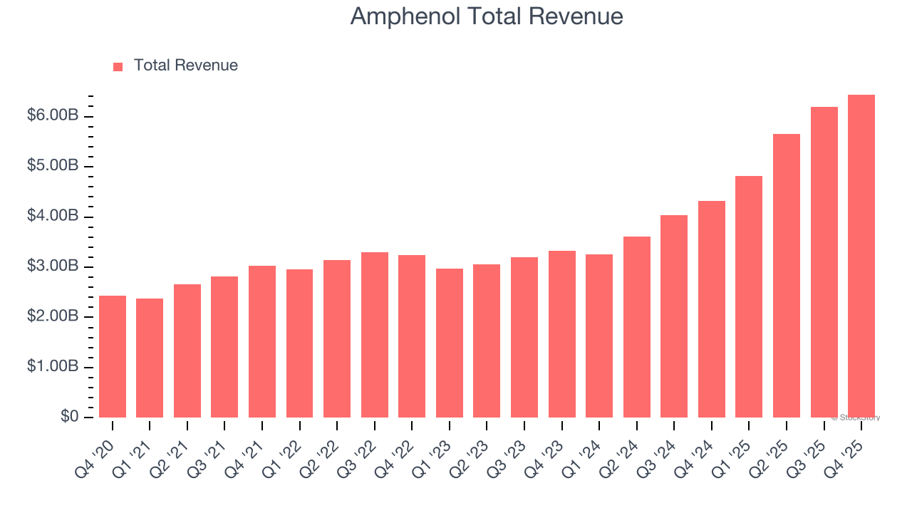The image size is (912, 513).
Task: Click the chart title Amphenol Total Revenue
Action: tap(487, 16)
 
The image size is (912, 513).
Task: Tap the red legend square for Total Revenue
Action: tap(118, 66)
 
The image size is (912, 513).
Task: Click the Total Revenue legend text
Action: tap(185, 66)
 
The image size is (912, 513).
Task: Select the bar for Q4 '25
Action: tap(861, 256)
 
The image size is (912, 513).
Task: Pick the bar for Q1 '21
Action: tap(150, 358)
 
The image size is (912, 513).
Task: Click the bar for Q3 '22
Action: tap(375, 335)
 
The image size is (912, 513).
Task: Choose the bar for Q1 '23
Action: tap(450, 343)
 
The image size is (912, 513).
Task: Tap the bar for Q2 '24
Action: tap(636, 327)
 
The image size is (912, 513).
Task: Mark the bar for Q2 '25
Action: tap(786, 276)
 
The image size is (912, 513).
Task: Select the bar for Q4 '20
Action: tap(113, 356)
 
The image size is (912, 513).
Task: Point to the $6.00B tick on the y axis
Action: tap(53, 116)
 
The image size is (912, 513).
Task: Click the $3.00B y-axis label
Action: tap(53, 266)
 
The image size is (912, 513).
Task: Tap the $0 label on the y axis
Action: tap(69, 417)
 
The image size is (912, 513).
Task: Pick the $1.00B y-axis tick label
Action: tap(53, 367)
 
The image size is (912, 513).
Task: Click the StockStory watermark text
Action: tap(856, 418)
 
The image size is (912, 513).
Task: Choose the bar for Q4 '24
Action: tap(711, 309)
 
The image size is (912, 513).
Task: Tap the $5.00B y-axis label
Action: tap(53, 166)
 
